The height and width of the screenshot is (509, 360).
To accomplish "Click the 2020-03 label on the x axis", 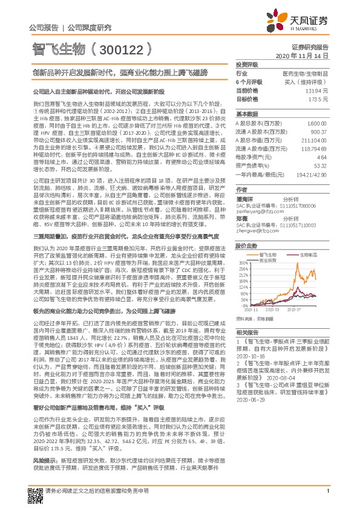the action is [281, 308].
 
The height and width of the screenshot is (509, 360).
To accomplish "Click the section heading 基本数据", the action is [244, 114].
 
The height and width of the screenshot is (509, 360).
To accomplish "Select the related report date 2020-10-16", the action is [251, 357].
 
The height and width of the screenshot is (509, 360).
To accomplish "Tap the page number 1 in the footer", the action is [327, 500].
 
